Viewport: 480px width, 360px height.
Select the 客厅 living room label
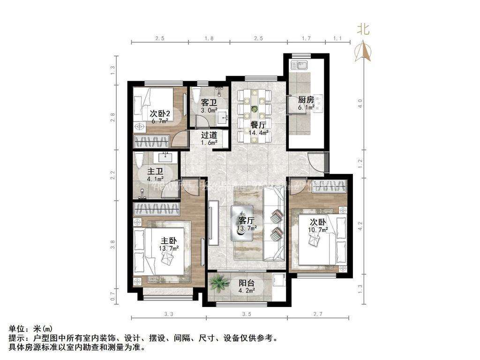point(247,220)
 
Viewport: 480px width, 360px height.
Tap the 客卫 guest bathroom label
point(209,102)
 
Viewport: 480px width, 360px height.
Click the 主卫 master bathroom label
point(155,171)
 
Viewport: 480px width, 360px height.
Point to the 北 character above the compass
point(363,30)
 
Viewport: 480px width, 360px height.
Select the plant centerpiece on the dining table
point(255,109)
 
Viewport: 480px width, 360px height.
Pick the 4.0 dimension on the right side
point(360,101)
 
